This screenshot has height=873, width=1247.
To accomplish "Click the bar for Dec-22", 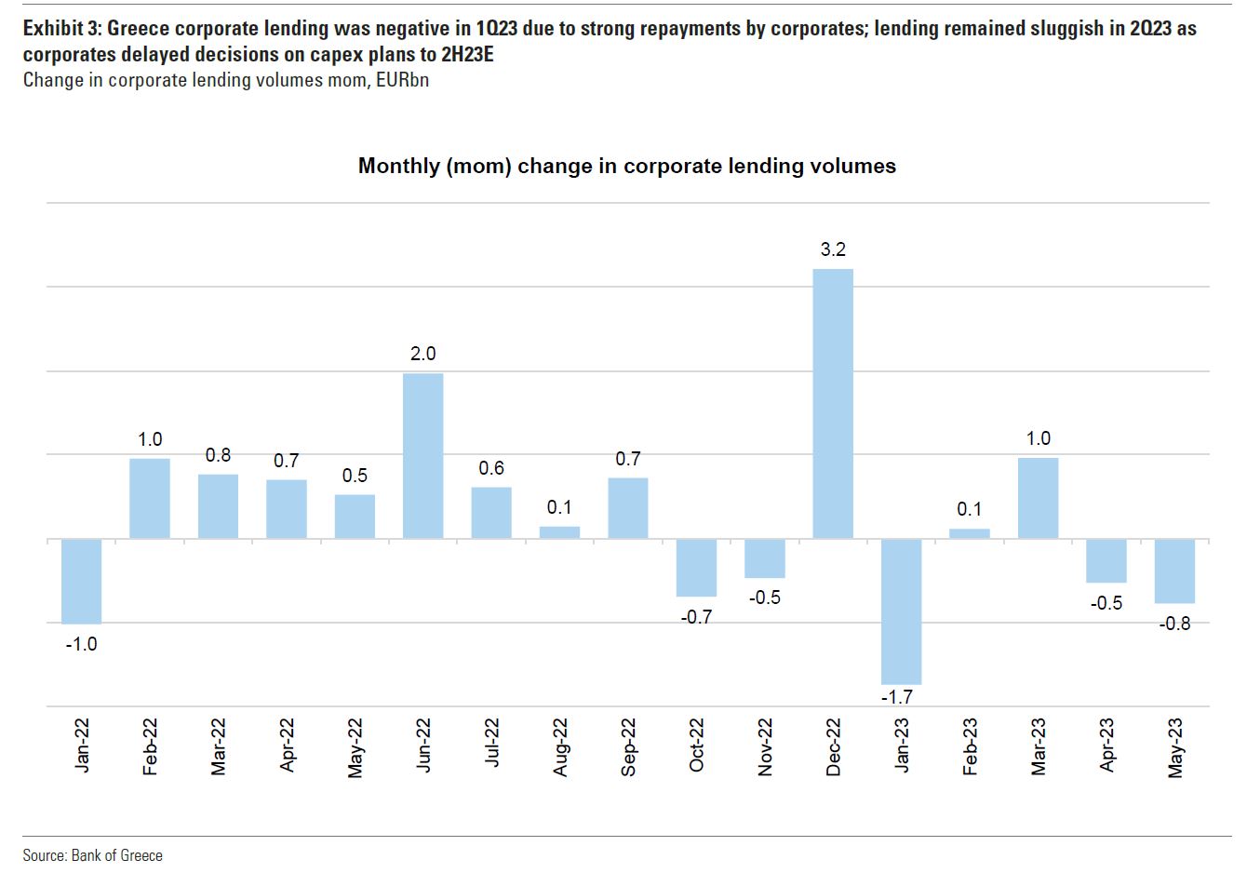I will pyautogui.click(x=833, y=403).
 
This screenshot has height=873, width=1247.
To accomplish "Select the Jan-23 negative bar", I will pyautogui.click(x=901, y=611).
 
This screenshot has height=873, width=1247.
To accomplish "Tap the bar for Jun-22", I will pyautogui.click(x=422, y=455).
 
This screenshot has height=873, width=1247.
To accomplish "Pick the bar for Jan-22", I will pyautogui.click(x=81, y=581).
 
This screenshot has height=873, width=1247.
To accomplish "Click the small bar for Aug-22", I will pyautogui.click(x=559, y=532).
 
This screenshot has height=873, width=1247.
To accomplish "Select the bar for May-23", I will pyautogui.click(x=1174, y=571).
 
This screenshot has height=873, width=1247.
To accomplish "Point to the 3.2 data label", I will pyautogui.click(x=833, y=249).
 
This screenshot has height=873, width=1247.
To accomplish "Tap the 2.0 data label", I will pyautogui.click(x=422, y=354).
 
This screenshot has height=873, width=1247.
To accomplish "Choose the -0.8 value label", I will pyautogui.click(x=1174, y=624).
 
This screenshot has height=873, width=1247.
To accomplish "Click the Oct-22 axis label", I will pyautogui.click(x=696, y=745).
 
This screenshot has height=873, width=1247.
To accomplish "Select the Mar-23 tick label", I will pyautogui.click(x=1039, y=745).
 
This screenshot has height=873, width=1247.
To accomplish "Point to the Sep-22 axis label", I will pyautogui.click(x=628, y=745).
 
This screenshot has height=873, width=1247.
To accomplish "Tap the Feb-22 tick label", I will pyautogui.click(x=150, y=745).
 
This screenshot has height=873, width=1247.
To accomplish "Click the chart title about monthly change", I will pyautogui.click(x=626, y=166).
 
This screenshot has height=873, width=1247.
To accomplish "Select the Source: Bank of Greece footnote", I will pyautogui.click(x=92, y=855).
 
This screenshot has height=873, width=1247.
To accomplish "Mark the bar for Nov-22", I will pyautogui.click(x=764, y=558).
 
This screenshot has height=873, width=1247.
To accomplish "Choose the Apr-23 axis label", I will pyautogui.click(x=1107, y=745).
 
